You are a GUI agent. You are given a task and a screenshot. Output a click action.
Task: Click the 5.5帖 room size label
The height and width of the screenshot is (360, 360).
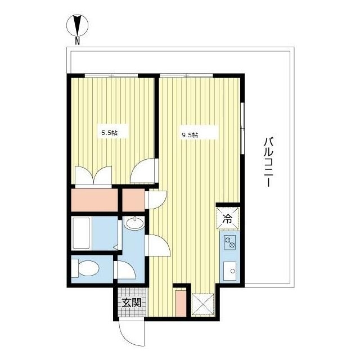click(110, 133)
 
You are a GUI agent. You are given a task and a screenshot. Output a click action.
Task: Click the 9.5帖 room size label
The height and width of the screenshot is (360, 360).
click(190, 135)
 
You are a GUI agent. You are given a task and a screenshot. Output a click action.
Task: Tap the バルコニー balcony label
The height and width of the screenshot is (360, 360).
click(268, 162)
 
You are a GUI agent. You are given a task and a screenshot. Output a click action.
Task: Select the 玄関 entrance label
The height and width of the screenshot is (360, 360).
click(131, 303)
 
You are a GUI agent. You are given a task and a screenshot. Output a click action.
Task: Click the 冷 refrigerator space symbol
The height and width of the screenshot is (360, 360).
click(227, 219)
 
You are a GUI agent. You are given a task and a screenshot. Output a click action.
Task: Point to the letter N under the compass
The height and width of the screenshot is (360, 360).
click(78, 41)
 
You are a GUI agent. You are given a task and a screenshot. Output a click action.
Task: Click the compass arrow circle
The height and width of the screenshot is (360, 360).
click(78, 25)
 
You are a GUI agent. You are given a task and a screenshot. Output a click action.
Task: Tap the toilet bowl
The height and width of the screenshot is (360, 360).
click(85, 268)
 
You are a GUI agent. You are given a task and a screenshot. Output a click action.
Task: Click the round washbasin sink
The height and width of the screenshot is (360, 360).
click(134, 223)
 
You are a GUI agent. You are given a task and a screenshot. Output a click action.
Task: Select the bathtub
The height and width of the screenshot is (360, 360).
click(81, 233)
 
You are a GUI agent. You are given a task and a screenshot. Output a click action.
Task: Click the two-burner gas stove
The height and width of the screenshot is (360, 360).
click(230, 242)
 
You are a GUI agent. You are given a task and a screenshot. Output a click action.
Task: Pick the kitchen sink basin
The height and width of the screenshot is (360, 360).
click(230, 271)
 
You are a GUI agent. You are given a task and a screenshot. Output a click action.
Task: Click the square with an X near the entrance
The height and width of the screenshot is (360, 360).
click(203, 305)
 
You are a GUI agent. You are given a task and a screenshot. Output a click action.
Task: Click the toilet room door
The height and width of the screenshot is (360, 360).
click(125, 271)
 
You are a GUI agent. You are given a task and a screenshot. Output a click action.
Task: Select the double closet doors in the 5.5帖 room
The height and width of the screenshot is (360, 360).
click(93, 175)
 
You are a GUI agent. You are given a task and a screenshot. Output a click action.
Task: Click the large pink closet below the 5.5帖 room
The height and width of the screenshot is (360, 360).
click(94, 200)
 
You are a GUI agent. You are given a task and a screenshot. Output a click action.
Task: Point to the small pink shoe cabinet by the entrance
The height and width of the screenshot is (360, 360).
click(181, 304)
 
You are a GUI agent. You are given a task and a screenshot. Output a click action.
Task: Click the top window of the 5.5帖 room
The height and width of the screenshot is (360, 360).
click(111, 75)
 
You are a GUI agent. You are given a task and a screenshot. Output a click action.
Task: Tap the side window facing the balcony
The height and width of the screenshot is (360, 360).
click(242, 129)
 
